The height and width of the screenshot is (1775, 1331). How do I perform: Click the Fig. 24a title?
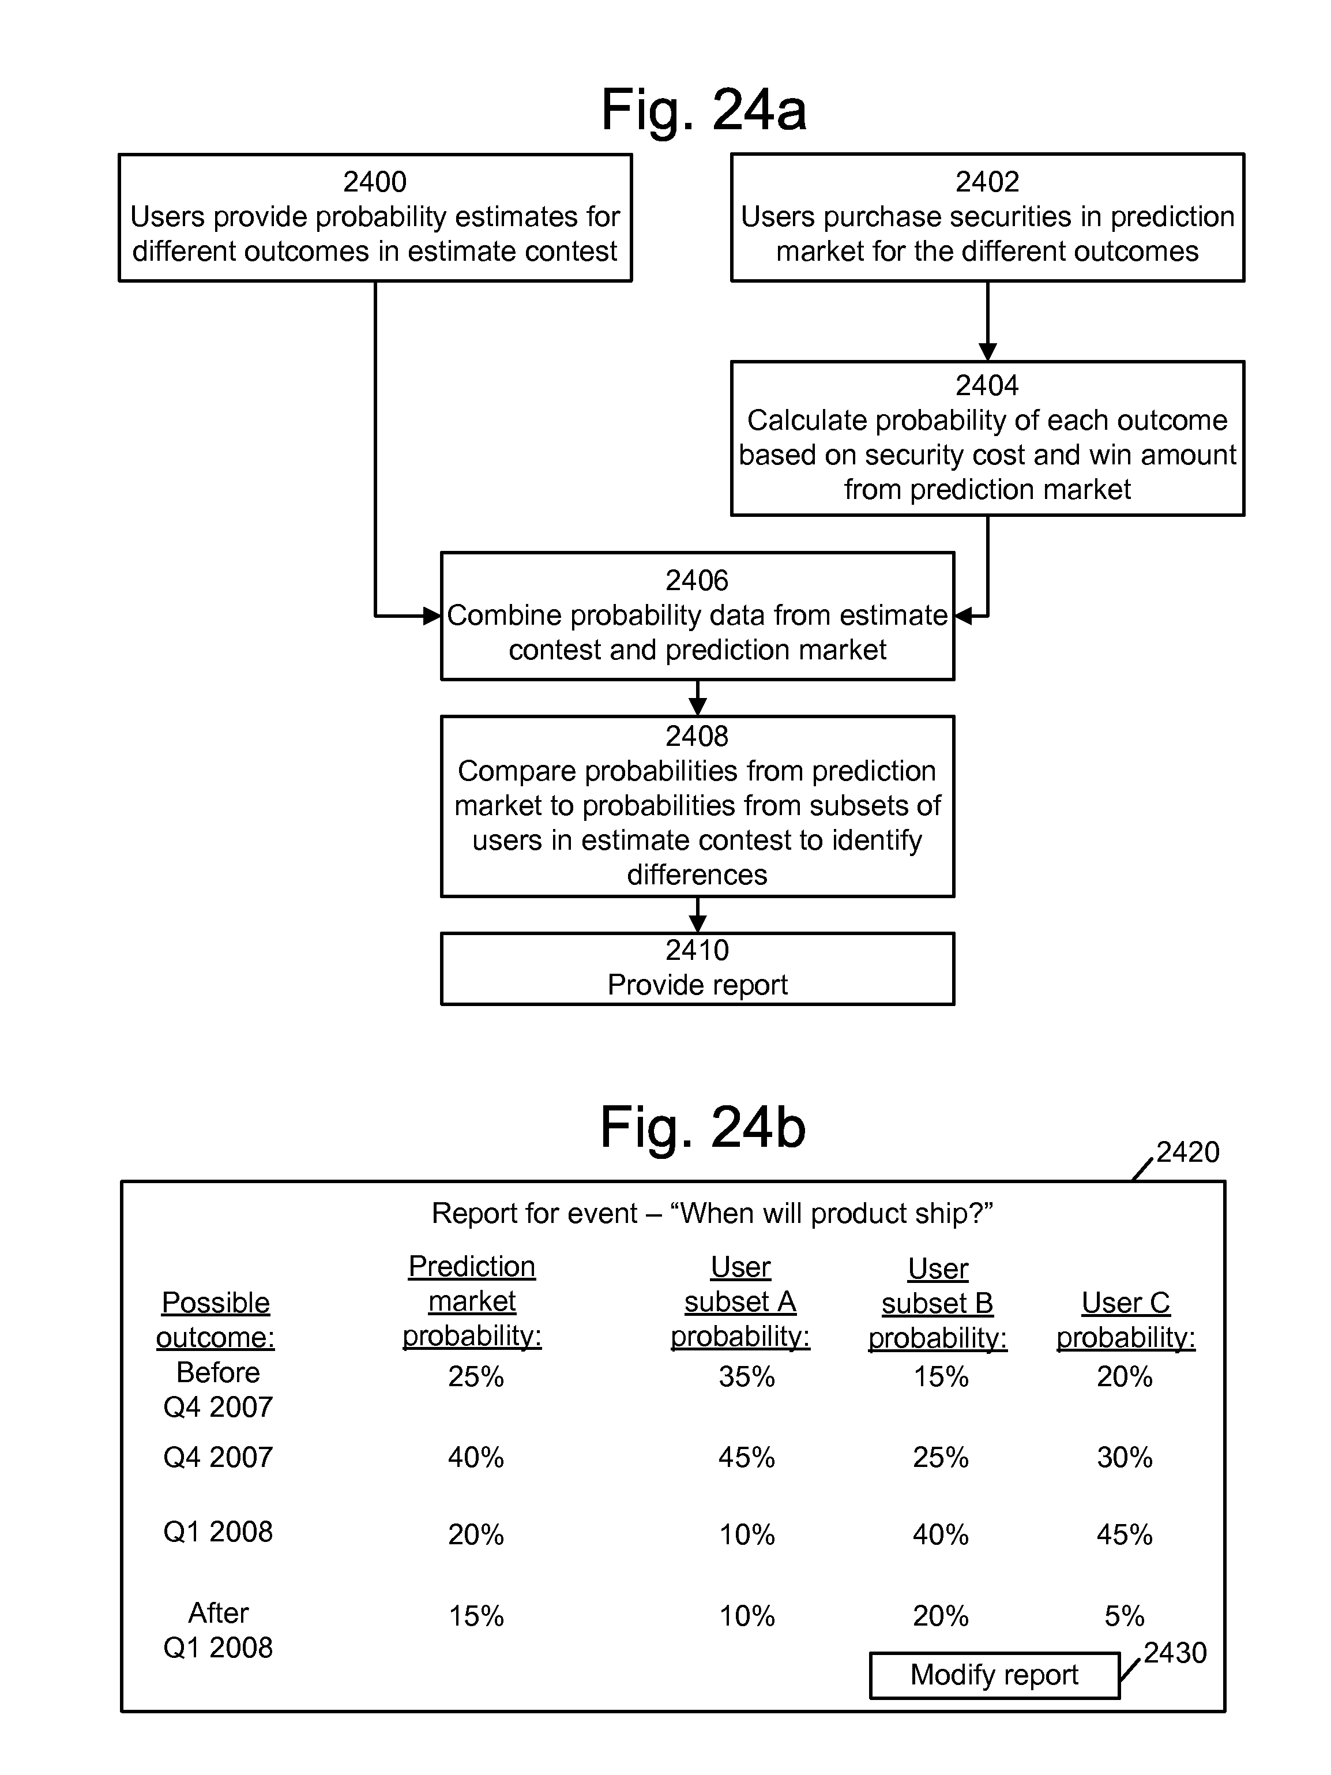point(704,111)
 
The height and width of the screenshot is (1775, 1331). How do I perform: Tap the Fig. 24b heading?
point(703,1128)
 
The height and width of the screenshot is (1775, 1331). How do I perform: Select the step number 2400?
point(375,182)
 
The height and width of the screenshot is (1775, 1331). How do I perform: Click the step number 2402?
point(987,182)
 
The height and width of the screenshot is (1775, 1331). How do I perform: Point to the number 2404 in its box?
point(987,386)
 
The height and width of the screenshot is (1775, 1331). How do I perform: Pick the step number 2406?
point(697,581)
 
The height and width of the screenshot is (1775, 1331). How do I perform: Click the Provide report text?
point(697,985)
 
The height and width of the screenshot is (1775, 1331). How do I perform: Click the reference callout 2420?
point(1187,1153)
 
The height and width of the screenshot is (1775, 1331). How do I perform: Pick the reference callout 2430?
point(1175,1653)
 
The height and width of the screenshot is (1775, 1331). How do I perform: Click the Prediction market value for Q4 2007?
point(476,1457)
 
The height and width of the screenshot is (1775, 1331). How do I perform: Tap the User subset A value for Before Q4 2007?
point(747,1377)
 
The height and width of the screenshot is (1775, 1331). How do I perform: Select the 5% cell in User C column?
point(1124,1616)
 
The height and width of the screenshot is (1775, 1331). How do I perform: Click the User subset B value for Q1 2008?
point(940,1535)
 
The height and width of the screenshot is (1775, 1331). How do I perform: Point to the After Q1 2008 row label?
point(218,1630)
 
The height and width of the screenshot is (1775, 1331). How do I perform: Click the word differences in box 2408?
point(697,875)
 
